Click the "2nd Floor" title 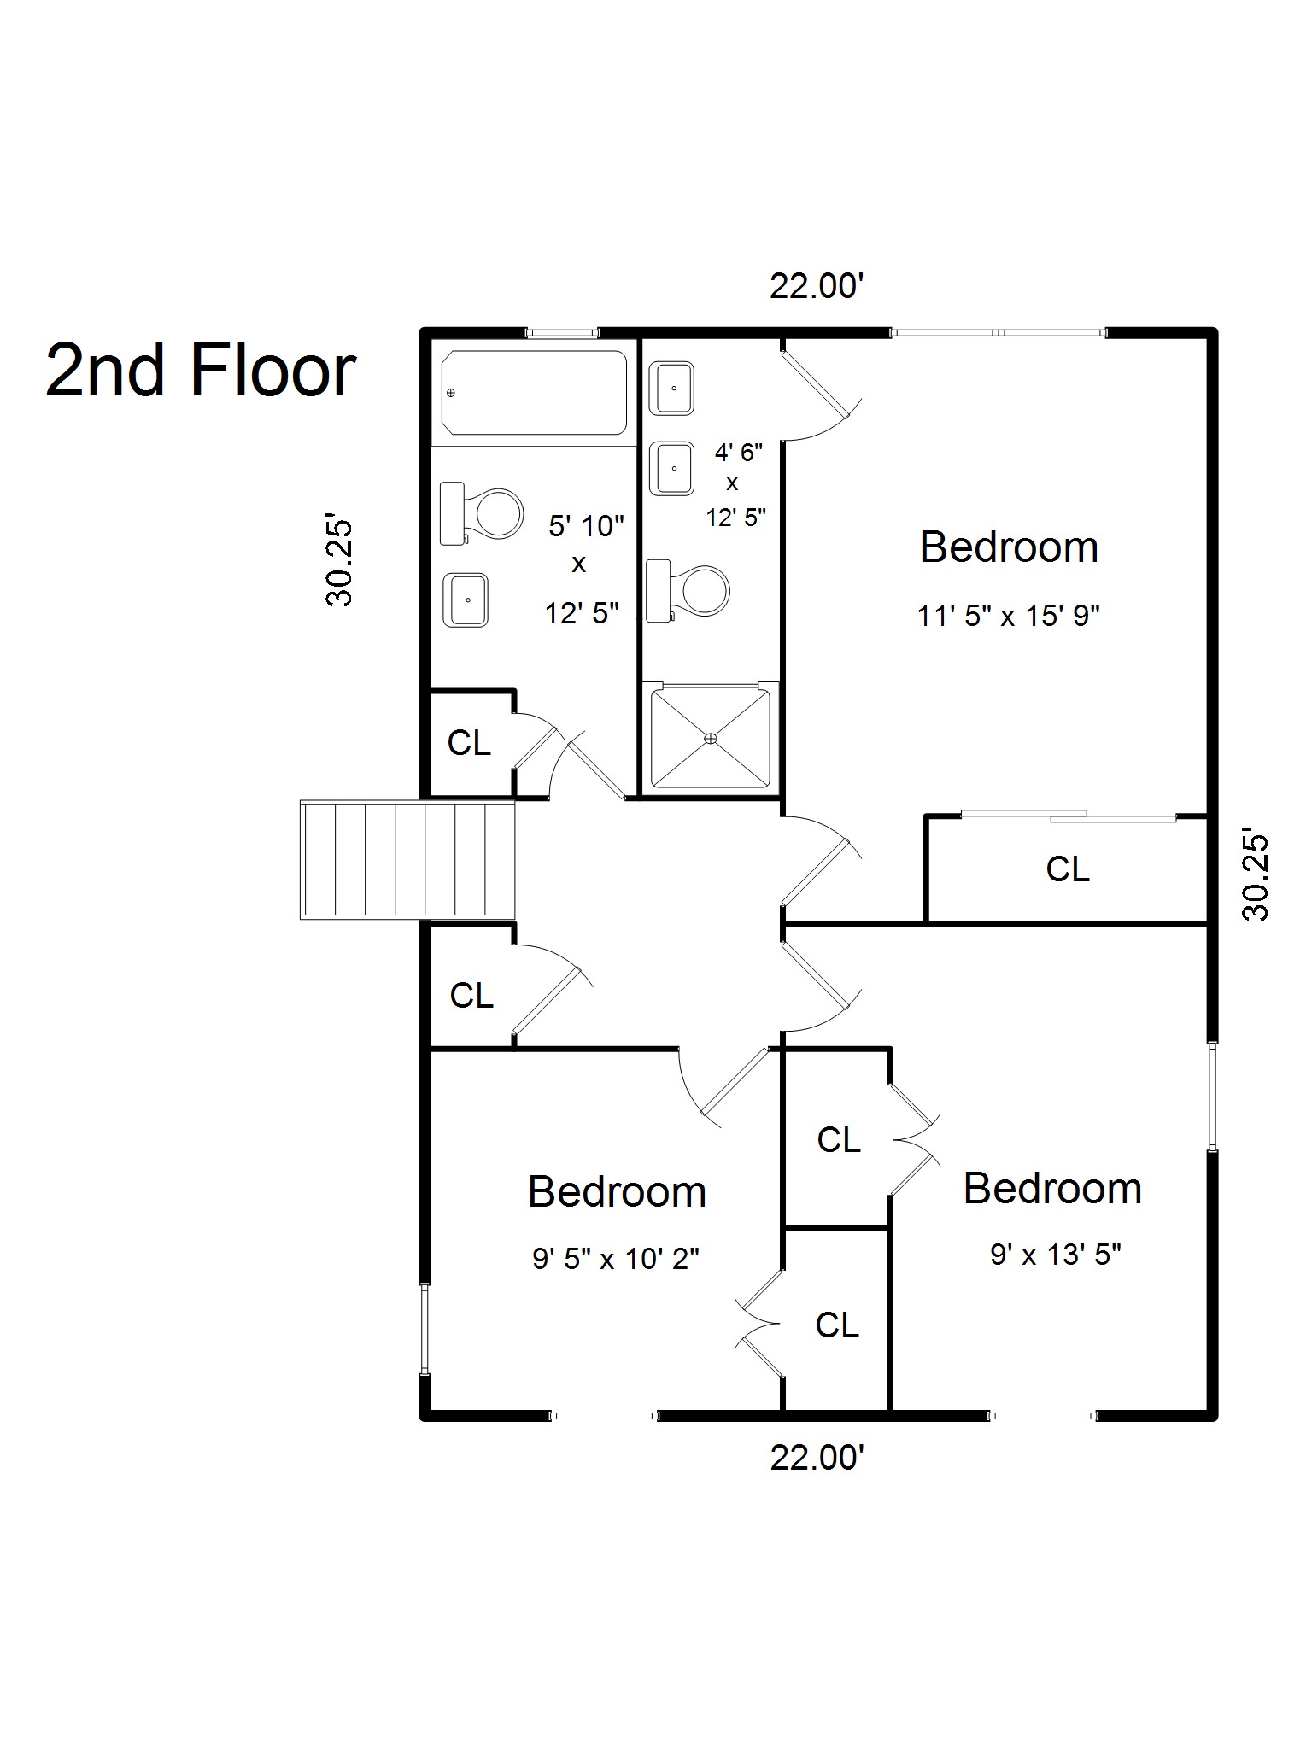pos(200,370)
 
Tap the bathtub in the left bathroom pos(534,393)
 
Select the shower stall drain pos(711,738)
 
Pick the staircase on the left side pos(407,860)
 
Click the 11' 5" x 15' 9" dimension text pos(1008,615)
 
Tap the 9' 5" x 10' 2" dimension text pos(616,1258)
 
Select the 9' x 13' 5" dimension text pos(1056,1255)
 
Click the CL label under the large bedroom pos(1068,869)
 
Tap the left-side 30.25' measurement pos(339,561)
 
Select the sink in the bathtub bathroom pos(466,600)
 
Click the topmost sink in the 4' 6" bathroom pos(672,389)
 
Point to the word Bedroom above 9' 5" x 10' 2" pos(618,1191)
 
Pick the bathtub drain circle pos(451,393)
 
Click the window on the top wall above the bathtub pos(561,332)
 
